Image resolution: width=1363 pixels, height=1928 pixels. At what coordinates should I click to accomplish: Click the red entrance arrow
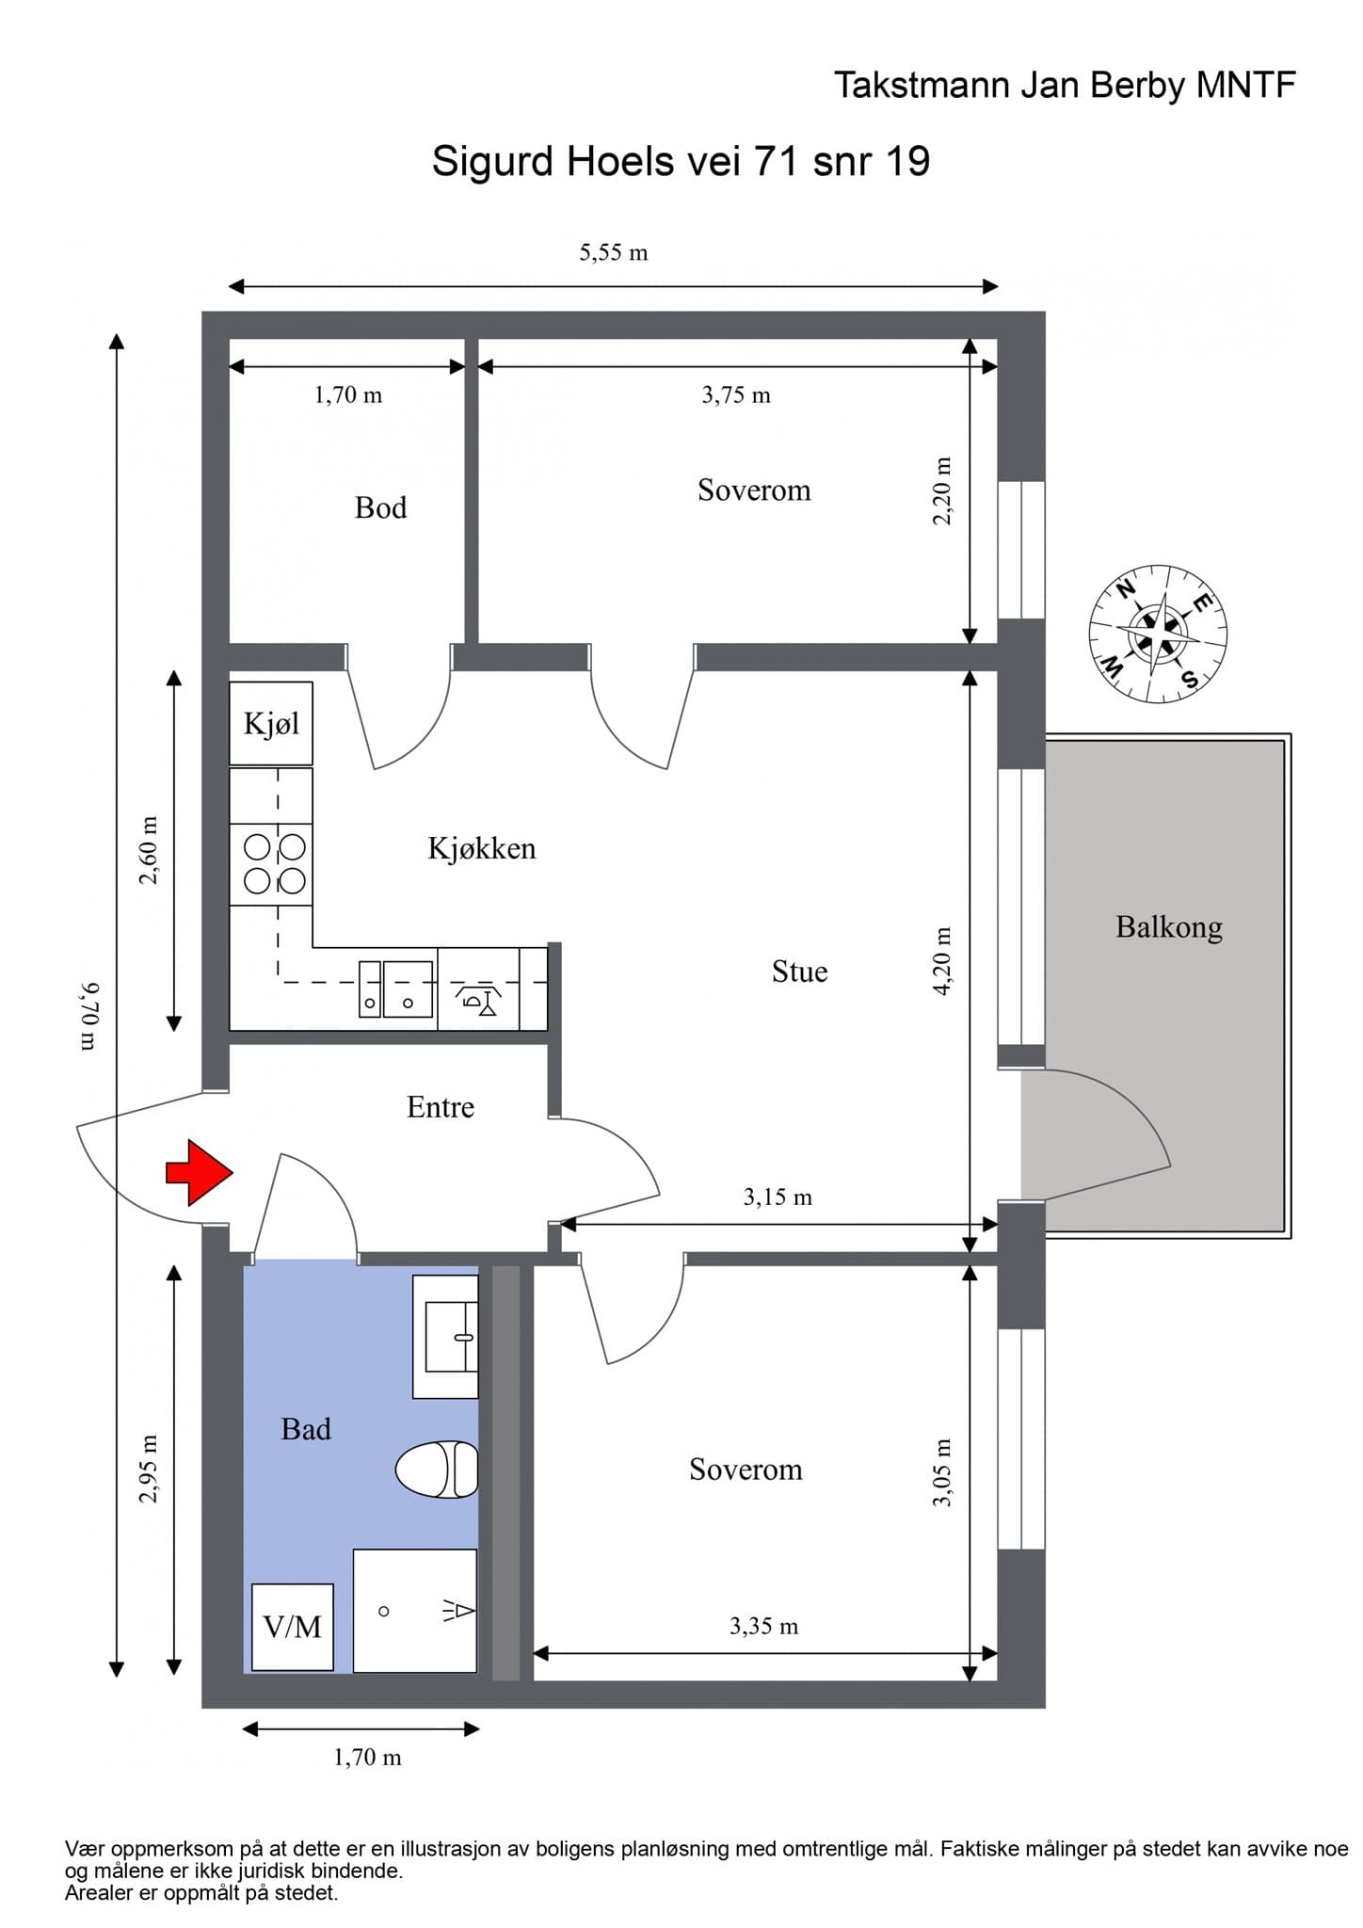200,1172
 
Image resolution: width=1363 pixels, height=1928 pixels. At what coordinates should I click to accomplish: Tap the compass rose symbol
1158,634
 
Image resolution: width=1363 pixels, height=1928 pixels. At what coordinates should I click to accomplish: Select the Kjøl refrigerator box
271,723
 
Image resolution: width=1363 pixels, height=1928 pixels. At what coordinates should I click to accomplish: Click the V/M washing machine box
293,1627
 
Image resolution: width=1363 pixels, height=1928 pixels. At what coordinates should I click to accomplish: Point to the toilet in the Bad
437,1469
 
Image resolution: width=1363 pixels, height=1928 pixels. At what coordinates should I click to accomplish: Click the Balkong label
1169,928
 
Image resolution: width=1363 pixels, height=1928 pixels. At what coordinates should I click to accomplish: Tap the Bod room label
381,508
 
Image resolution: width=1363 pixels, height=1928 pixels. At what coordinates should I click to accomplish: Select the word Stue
800,972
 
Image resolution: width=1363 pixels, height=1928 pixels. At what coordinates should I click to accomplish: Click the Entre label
441,1107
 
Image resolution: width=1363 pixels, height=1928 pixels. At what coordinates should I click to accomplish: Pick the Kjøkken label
482,848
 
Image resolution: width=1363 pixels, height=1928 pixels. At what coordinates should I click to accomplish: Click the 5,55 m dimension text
614,252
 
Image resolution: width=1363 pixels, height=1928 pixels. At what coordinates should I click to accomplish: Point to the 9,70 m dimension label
89,1016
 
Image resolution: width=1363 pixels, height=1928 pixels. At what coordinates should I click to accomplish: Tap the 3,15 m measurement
778,1197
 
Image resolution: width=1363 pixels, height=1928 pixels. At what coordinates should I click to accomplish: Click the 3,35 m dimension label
763,1626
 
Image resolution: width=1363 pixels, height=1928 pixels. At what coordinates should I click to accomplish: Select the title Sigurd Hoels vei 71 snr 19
681,162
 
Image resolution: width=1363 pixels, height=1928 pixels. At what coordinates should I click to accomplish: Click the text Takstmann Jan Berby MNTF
1065,86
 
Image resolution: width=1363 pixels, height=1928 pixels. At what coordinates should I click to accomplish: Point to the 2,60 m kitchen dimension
149,851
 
